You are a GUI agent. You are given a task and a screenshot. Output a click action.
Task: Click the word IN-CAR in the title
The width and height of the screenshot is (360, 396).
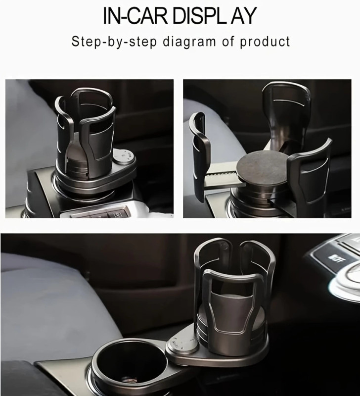click(x=135, y=16)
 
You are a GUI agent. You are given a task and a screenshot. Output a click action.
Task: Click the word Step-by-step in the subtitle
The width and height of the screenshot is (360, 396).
click(x=114, y=42)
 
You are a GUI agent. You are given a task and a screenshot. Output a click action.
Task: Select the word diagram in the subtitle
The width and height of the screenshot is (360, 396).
click(x=189, y=42)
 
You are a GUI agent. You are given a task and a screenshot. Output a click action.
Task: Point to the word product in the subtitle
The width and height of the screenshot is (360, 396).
click(x=265, y=42)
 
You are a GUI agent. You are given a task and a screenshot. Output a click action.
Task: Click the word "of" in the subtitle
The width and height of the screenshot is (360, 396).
click(x=228, y=41)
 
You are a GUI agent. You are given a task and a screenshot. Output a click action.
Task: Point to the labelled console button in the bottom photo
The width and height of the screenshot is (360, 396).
click(x=333, y=257)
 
